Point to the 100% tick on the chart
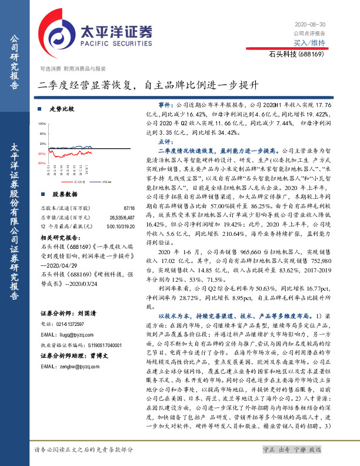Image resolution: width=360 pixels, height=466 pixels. coord(42,125)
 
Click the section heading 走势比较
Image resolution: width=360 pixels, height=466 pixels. coord(62,109)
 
